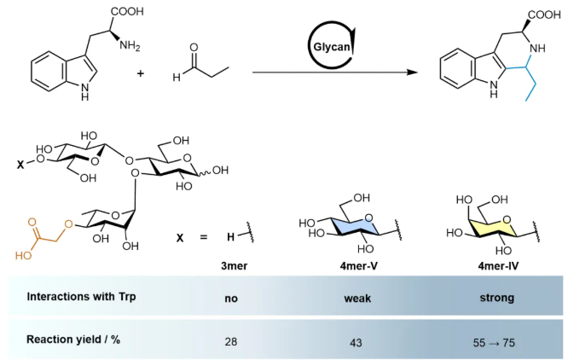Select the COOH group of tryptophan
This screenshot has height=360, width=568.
click(128, 12)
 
